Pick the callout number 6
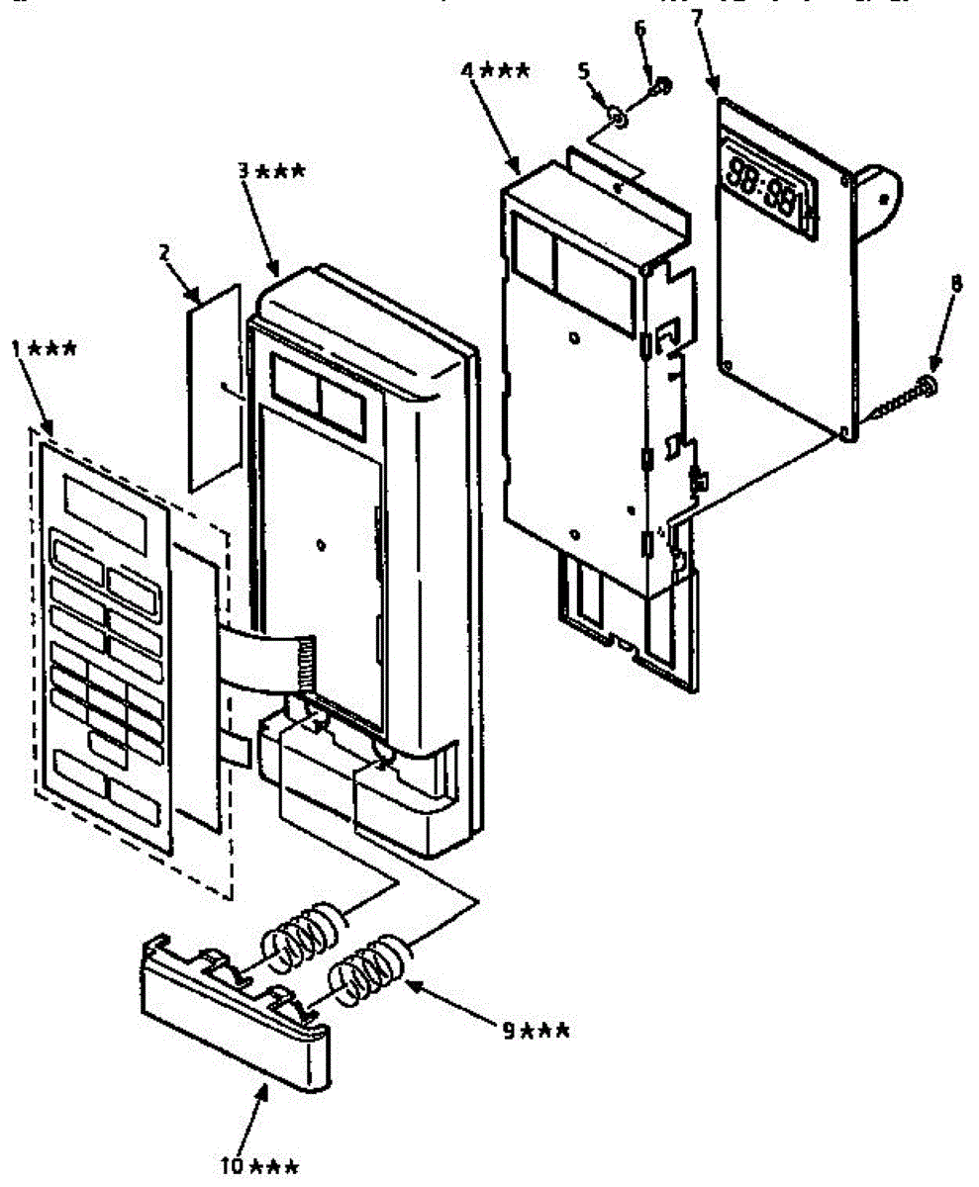pyautogui.click(x=639, y=27)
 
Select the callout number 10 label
pyautogui.click(x=234, y=1164)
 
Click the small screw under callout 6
pyautogui.click(x=659, y=89)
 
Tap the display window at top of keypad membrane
pyautogui.click(x=104, y=512)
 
